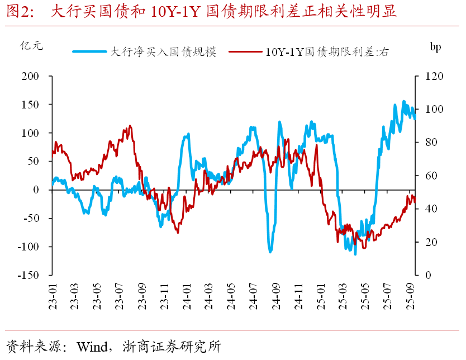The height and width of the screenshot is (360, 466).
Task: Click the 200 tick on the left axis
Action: click(x=32, y=76)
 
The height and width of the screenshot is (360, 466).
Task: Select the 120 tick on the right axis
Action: click(x=434, y=76)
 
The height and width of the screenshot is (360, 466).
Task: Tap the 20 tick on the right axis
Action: click(x=431, y=242)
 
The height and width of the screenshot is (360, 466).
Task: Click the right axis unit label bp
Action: click(x=435, y=47)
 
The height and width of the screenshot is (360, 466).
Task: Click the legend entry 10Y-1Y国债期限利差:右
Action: click(x=327, y=52)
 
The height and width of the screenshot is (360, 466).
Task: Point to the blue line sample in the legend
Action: click(x=89, y=52)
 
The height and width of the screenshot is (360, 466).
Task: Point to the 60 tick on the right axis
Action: click(x=431, y=176)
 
